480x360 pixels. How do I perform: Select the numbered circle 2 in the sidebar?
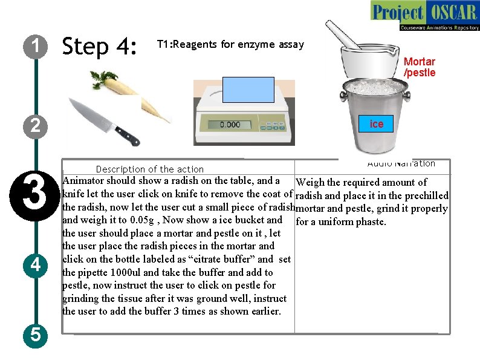coord(36,126)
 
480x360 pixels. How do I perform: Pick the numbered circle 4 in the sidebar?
coord(36,264)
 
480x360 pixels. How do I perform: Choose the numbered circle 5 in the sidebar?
coord(36,335)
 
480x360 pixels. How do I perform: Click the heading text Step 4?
coord(100,46)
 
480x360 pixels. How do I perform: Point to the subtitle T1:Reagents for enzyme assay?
coord(230,44)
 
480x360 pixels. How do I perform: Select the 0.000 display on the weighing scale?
coord(230,125)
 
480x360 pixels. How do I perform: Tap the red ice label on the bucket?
coord(377,124)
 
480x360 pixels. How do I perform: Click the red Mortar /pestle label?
coord(420,67)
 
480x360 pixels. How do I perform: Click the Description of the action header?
coord(150,169)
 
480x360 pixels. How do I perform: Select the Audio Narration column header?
coord(401,163)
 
